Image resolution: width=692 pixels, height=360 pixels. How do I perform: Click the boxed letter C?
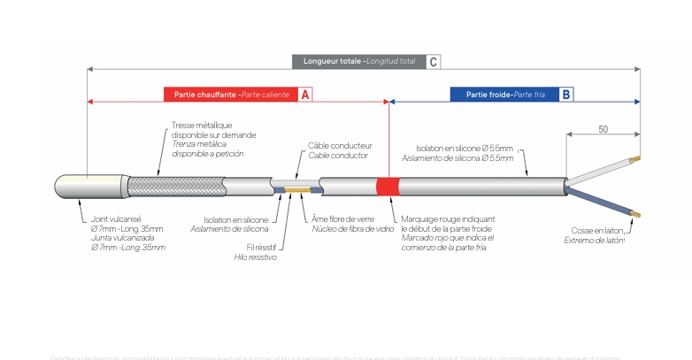[434, 62]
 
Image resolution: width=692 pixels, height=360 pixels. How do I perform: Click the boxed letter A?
[304, 95]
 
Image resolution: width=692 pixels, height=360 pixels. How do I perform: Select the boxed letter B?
[565, 95]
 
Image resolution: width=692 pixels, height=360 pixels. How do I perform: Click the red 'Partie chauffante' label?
[230, 95]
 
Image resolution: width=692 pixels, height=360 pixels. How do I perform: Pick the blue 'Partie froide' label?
[501, 95]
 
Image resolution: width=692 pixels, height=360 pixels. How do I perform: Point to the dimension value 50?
[603, 129]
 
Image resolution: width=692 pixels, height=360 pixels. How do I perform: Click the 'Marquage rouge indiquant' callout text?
[448, 218]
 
